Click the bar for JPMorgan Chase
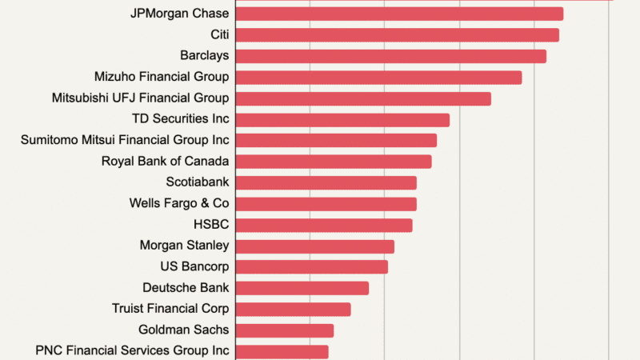399,14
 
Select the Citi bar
397,35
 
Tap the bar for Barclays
390,56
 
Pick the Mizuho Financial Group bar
378,78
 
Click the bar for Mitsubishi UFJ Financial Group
363,98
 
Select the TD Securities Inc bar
342,120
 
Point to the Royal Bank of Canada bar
334,162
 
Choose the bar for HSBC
324,225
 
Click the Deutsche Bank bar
302,288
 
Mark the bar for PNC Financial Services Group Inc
282,351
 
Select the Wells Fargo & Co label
179,203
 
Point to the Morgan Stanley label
184,246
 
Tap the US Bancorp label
194,266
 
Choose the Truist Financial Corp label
170,309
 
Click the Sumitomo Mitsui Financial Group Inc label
125,140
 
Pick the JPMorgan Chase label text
179,14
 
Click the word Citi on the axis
219,35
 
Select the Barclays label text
205,56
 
